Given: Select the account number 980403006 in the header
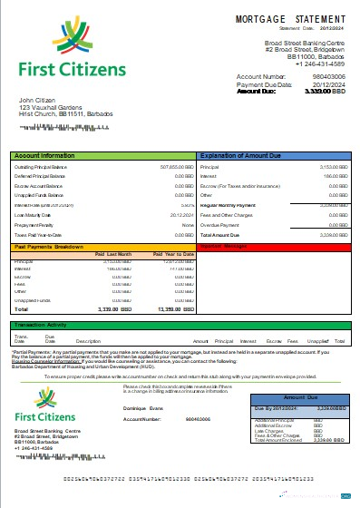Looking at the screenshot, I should coord(329,77).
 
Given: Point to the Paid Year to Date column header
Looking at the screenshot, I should coord(174,255).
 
